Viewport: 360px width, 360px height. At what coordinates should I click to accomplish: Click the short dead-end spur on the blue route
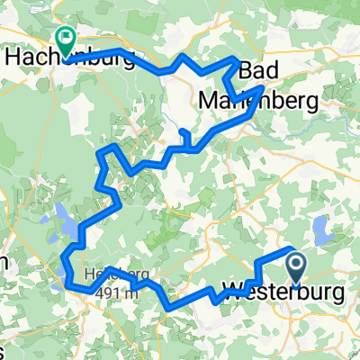pyautogui.click(x=184, y=137)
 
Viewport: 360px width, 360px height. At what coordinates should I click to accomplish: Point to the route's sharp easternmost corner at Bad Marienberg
pyautogui.click(x=263, y=88)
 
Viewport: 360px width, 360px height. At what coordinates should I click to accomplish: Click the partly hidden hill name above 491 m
pyautogui.click(x=103, y=274)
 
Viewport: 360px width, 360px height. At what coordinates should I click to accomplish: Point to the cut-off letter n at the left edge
pyautogui.click(x=4, y=262)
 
